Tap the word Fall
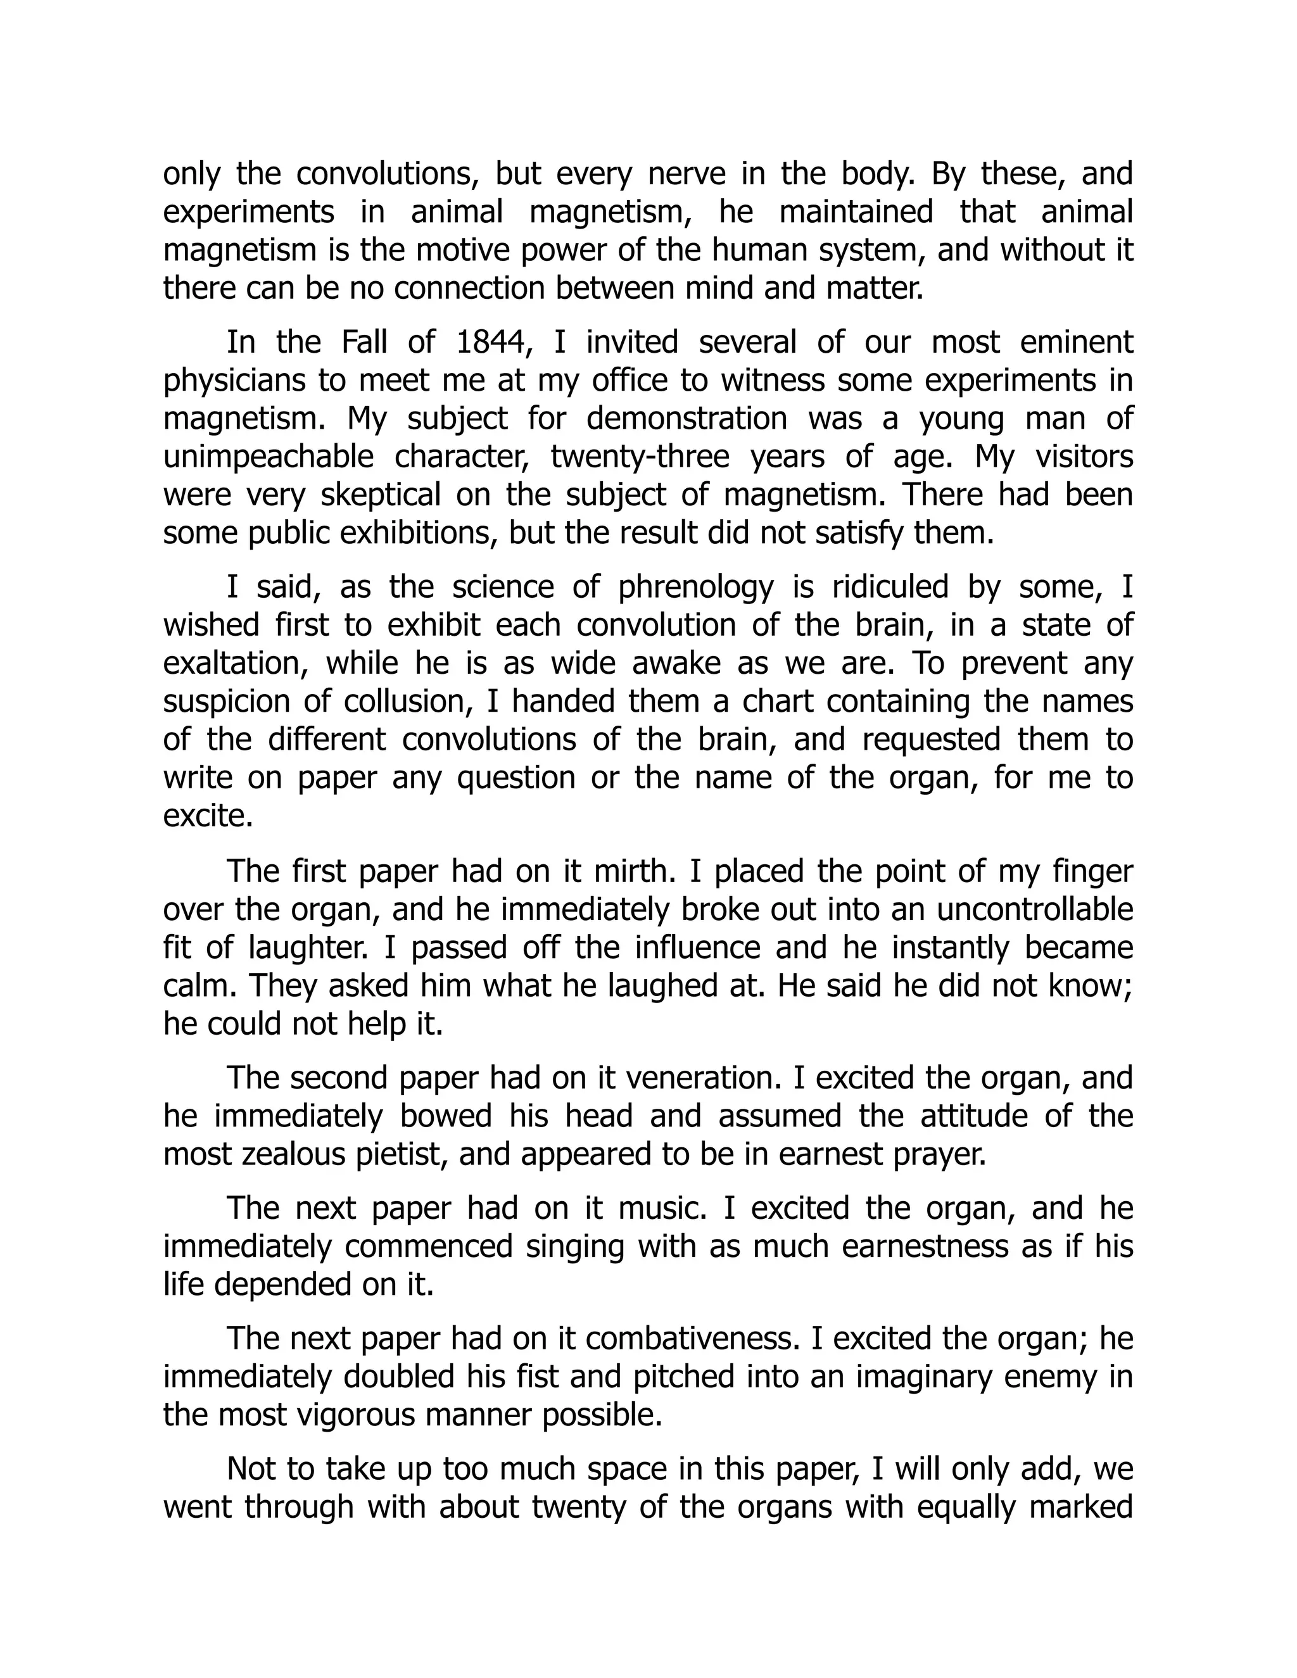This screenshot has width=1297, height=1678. (x=365, y=343)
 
